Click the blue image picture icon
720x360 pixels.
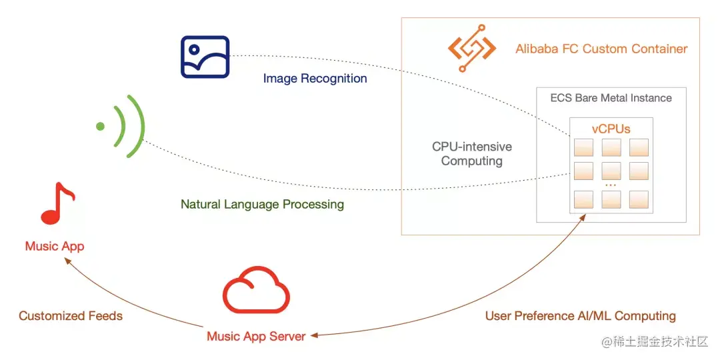click(205, 57)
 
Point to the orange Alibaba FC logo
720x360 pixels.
click(472, 49)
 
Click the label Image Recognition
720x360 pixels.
click(315, 79)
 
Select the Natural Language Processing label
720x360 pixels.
click(262, 204)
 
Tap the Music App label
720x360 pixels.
click(55, 246)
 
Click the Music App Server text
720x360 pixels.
click(256, 336)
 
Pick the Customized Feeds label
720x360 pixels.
click(71, 315)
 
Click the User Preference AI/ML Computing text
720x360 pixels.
click(580, 315)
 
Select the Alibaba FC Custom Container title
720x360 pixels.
click(601, 49)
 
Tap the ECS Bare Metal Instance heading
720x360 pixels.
click(611, 98)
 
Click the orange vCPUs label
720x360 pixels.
click(611, 129)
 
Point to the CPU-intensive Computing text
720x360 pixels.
click(472, 153)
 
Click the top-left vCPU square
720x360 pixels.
click(583, 147)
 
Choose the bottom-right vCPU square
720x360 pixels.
click(639, 199)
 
